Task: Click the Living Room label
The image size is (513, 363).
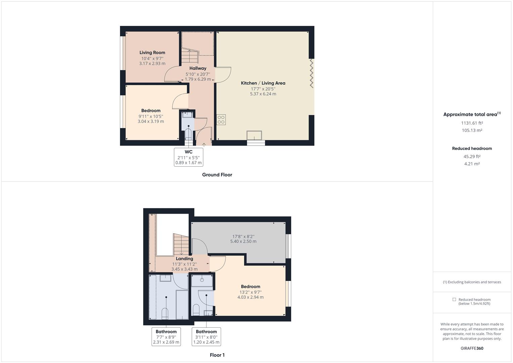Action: click(x=152, y=52)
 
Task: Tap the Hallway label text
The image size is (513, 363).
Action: click(x=198, y=68)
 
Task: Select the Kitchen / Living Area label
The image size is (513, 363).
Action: click(x=263, y=83)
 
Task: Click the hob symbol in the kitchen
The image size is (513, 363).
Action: click(x=221, y=120)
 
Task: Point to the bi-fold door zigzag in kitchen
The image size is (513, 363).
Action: click(x=311, y=74)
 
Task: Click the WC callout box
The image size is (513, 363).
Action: click(x=188, y=157)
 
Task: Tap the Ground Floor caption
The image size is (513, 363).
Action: click(x=217, y=175)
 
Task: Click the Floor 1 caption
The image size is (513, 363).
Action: click(x=217, y=355)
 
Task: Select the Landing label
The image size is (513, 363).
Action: click(x=184, y=258)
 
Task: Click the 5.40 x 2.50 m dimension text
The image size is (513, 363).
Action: click(x=243, y=241)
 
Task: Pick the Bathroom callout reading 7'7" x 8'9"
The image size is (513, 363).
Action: click(x=166, y=337)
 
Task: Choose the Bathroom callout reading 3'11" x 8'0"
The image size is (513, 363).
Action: click(x=206, y=337)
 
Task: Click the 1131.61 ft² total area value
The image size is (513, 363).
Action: click(x=472, y=123)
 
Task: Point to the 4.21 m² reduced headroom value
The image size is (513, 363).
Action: click(x=472, y=164)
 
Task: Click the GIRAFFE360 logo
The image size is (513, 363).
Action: click(x=472, y=348)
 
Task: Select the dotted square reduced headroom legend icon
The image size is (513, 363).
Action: click(x=454, y=299)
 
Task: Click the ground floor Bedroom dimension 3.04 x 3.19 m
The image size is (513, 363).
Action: click(x=151, y=121)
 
